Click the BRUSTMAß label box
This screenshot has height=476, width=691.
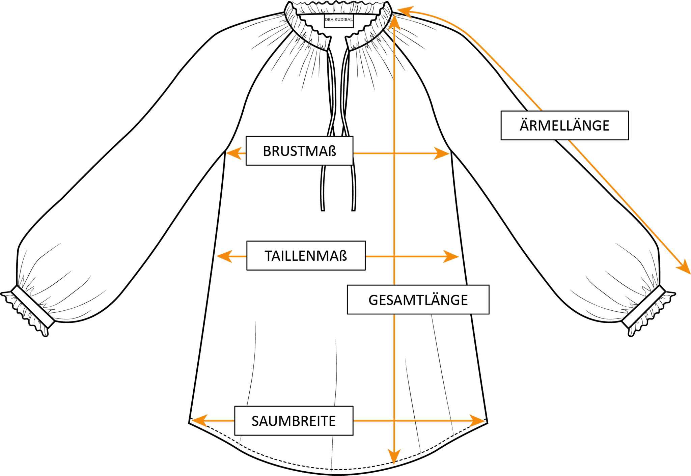point(299,151)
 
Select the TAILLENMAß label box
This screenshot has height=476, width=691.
point(306,256)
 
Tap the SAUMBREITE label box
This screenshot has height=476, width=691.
point(294,421)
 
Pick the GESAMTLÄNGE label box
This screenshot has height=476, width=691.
point(418,300)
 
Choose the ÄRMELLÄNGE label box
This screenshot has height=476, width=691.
point(564,125)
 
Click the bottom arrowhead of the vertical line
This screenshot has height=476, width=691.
point(394,458)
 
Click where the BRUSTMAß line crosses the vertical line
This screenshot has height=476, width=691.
point(394,153)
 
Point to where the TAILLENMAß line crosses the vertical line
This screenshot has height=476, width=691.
point(394,256)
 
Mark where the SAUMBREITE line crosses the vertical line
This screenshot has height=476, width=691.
point(394,421)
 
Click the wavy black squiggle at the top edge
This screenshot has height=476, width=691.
point(337,3)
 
